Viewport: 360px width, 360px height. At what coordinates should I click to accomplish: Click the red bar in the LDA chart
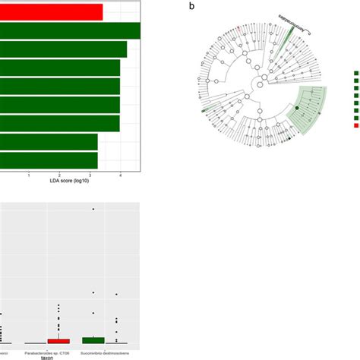point(51,11)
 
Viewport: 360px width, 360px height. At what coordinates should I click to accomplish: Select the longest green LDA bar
point(70,30)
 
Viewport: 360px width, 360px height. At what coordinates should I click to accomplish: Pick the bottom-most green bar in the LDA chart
point(49,160)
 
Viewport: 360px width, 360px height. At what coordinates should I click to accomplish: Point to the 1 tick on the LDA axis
point(29,175)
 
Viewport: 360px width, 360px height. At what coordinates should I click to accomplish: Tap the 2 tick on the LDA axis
point(59,175)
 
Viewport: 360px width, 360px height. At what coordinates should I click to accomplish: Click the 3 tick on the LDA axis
point(90,175)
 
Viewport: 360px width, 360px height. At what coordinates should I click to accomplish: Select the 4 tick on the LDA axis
point(120,175)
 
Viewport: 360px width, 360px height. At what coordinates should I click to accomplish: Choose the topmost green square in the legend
point(355,74)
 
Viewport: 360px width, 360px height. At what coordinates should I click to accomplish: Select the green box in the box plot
point(93,339)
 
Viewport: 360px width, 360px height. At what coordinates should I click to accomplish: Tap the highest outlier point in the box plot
point(93,209)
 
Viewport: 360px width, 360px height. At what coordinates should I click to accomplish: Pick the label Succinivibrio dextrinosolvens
point(105,352)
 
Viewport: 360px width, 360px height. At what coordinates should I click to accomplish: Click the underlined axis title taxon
point(69,357)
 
